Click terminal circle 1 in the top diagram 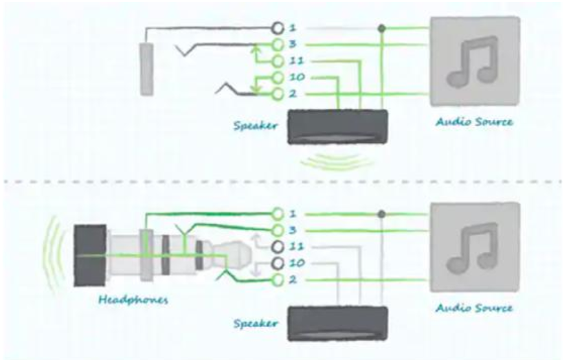pos(278,28)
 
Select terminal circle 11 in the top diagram pos(278,61)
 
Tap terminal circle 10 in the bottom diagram pos(278,263)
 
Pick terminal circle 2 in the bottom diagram pos(278,280)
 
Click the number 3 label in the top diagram pos(293,45)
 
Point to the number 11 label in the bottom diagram pos(297,247)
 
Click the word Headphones pos(133,300)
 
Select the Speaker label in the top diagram pos(255,126)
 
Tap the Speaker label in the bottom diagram pos(255,324)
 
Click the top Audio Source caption pos(474,121)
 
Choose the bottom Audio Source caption pos(474,308)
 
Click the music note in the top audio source pos(473,62)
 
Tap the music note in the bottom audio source pos(473,249)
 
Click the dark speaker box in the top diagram pos(337,127)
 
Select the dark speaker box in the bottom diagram pos(337,324)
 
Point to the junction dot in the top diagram pos(381,28)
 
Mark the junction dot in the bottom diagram pos(381,214)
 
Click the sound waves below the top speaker pos(337,162)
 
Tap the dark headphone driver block pos(90,255)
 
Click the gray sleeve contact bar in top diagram pos(147,69)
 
